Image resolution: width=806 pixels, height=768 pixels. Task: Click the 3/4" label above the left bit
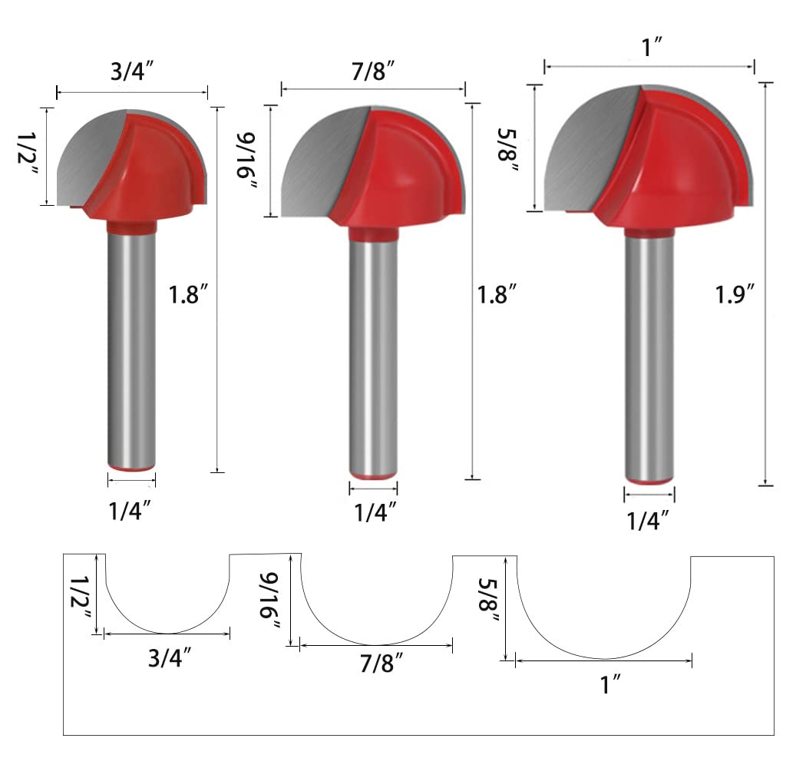[132, 71]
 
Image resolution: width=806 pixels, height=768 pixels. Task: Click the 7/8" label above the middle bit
[374, 71]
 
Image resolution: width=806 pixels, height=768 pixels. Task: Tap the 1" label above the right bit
[652, 47]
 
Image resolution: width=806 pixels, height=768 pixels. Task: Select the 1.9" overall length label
[735, 295]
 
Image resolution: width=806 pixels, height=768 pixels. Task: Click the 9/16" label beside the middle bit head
[246, 161]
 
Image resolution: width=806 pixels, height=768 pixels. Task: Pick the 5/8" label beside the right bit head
[508, 151]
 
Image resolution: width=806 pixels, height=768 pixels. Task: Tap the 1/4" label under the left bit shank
[130, 511]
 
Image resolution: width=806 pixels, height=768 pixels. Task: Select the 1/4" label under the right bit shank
[648, 521]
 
